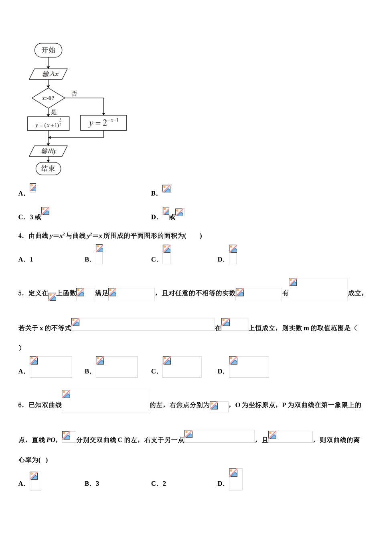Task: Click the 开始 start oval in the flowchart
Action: (x=48, y=50)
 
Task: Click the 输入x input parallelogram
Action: (x=49, y=74)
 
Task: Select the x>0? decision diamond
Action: (x=48, y=98)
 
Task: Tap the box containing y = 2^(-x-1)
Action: (x=103, y=123)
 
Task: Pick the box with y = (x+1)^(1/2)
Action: (x=48, y=124)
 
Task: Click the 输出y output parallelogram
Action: (x=49, y=151)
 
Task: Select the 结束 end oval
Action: (x=48, y=168)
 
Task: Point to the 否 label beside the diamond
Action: (x=74, y=94)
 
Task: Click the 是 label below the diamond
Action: (x=54, y=112)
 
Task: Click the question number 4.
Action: (x=20, y=236)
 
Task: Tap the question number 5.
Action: (x=20, y=293)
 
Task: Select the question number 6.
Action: (x=20, y=405)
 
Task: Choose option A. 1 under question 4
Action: (x=26, y=259)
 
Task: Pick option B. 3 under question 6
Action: (x=92, y=484)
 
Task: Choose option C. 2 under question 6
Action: (x=159, y=484)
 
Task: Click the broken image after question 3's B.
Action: (x=167, y=189)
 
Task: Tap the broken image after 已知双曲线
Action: (x=105, y=401)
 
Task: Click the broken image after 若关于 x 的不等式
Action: (x=143, y=324)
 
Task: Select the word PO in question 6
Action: (x=51, y=440)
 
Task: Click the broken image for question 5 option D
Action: (x=249, y=367)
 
